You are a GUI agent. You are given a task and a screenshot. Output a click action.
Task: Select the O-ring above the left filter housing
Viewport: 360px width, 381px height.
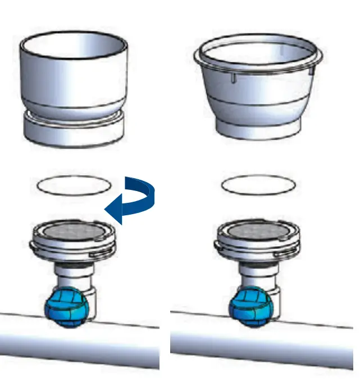coord(74,185)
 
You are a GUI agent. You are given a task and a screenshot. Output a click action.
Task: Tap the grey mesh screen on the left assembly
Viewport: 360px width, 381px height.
coord(74,230)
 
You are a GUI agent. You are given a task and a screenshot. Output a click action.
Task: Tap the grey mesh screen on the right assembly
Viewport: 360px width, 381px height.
coord(258,230)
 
